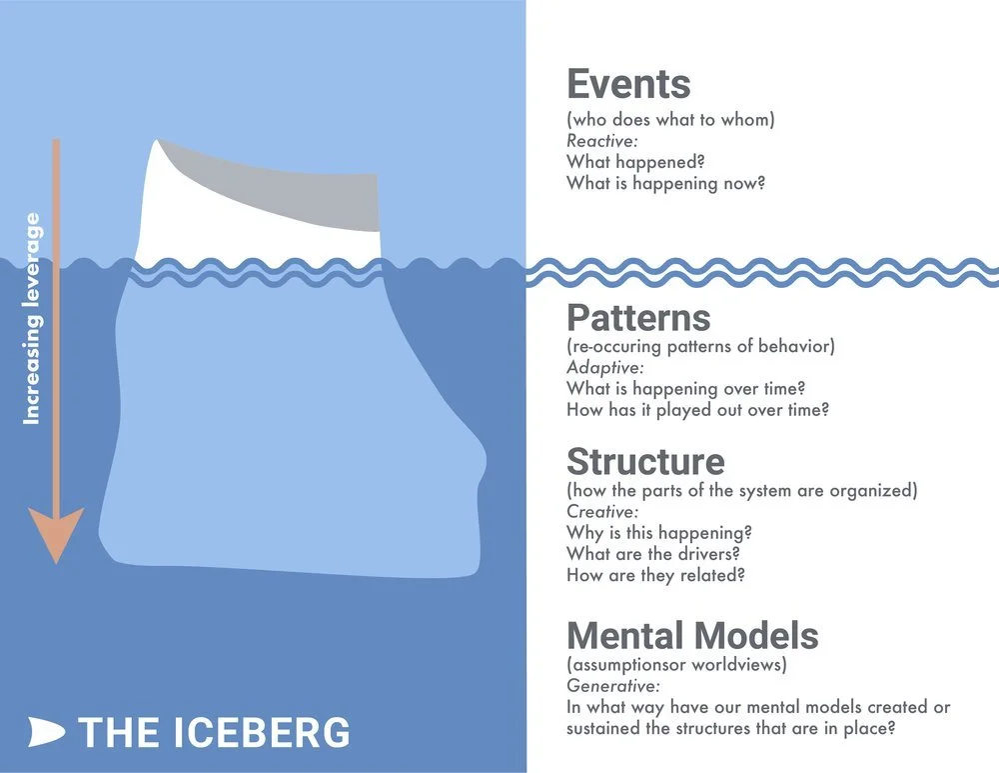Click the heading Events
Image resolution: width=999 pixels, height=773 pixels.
[x=628, y=84]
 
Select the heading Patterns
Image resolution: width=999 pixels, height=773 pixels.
[x=638, y=318]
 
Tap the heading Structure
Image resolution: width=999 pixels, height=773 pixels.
[x=645, y=462]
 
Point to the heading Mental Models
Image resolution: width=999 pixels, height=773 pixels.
[x=692, y=636]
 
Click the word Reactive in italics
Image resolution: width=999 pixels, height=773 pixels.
[x=601, y=141]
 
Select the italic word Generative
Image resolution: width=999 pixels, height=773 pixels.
[x=612, y=686]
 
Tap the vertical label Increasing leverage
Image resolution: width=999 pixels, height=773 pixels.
[x=32, y=318]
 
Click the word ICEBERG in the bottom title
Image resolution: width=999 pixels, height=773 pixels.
[x=270, y=732]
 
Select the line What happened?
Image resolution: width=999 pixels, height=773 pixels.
[x=631, y=162]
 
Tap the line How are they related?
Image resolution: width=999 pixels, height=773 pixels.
[x=655, y=575]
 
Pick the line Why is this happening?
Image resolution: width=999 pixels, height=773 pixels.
[x=659, y=533]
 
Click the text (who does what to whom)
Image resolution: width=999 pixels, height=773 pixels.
[x=670, y=120]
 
